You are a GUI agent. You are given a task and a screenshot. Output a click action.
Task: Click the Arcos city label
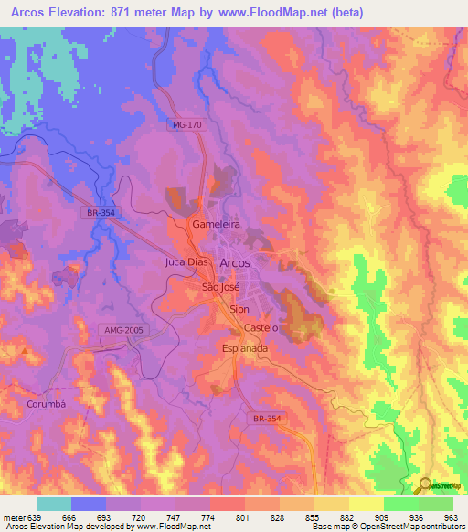point(235,262)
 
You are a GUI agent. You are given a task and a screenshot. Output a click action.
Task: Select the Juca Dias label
point(186,262)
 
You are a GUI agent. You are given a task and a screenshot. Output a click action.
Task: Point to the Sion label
point(239,310)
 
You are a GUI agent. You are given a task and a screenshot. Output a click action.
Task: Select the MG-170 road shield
point(187,125)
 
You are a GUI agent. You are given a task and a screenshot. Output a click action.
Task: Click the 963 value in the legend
point(450,517)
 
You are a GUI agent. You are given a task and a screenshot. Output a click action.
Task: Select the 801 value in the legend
point(242,517)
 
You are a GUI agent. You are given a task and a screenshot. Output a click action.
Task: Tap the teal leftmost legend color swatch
point(54,504)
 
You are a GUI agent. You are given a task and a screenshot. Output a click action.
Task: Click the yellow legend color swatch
point(367,504)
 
